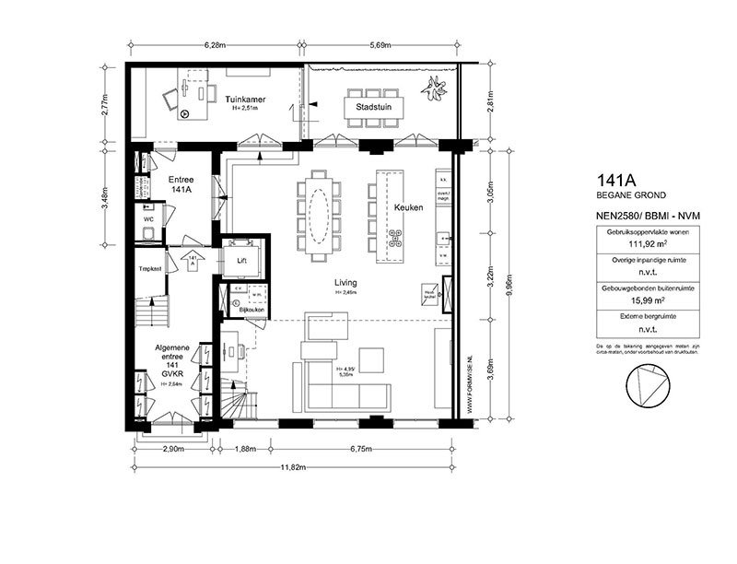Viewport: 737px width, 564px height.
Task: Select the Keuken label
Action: coord(408,207)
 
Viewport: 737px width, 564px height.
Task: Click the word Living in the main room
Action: coord(346,283)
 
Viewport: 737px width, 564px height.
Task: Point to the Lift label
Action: coord(242,261)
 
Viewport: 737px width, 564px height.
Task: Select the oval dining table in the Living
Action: coord(318,214)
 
